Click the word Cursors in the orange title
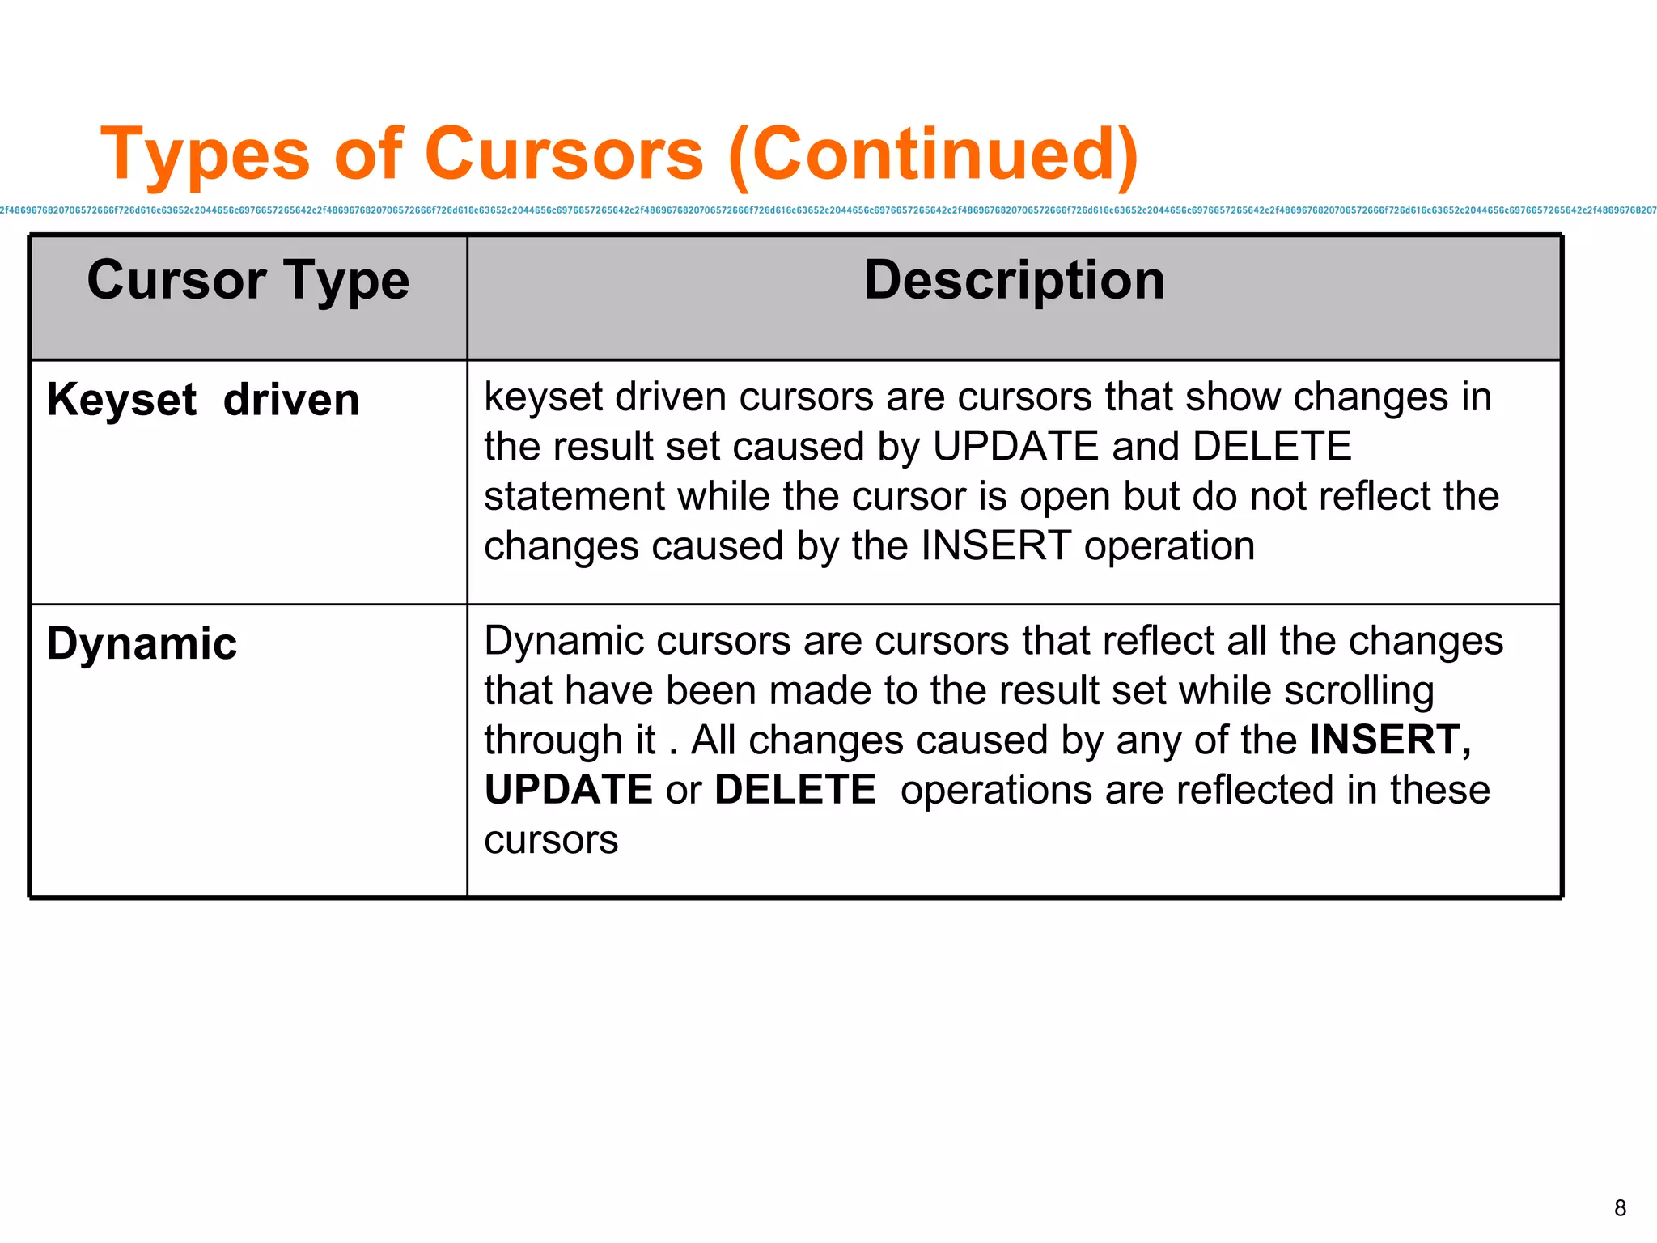tap(564, 154)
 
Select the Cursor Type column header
tap(248, 280)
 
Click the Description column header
tap(1014, 280)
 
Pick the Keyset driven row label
tap(203, 400)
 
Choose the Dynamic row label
tap(142, 644)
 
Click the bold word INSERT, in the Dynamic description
tap(1390, 740)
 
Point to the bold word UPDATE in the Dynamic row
tap(568, 790)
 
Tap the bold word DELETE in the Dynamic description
tap(795, 790)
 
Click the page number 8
tap(1620, 1208)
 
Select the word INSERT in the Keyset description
tap(996, 546)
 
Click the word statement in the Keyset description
tap(574, 496)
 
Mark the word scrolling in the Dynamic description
tap(1358, 691)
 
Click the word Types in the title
tap(206, 154)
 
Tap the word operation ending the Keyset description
tap(1169, 546)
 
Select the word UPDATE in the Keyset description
tap(1015, 447)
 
